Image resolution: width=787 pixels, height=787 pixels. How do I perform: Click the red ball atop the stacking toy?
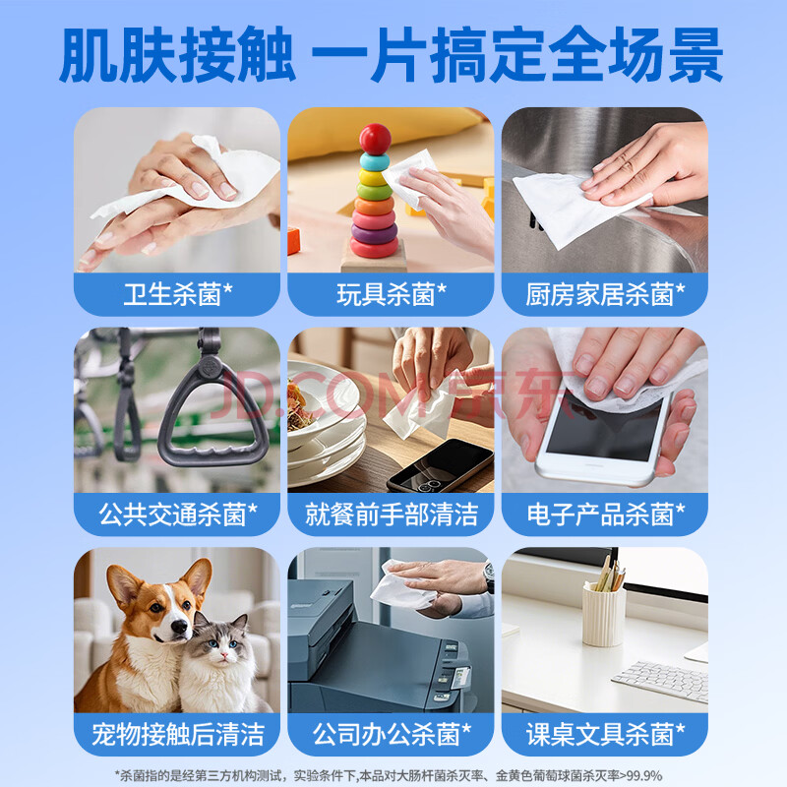(375, 139)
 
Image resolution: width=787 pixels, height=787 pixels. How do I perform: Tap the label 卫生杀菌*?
(178, 294)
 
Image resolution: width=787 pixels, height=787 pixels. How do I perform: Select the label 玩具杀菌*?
(391, 294)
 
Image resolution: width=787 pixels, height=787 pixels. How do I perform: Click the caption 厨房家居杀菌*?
(605, 294)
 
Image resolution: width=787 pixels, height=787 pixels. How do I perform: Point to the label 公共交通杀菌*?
(178, 514)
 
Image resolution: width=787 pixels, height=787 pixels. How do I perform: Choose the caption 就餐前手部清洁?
(391, 515)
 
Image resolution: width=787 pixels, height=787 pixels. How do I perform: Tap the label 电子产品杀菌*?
(605, 514)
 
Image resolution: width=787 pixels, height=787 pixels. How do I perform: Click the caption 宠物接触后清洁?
(178, 734)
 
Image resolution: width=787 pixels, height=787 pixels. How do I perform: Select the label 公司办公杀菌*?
(392, 734)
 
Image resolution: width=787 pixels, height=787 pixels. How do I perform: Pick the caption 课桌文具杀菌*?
(605, 734)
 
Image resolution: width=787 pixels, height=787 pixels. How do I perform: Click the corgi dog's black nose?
(179, 626)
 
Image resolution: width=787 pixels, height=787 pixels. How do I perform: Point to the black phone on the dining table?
(440, 466)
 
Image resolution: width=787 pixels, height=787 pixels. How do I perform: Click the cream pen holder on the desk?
(604, 614)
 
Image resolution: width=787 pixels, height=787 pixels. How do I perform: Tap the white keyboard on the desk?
(660, 680)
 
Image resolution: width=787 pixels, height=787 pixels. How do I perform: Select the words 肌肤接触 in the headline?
(177, 55)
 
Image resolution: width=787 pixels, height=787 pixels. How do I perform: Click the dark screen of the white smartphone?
(605, 427)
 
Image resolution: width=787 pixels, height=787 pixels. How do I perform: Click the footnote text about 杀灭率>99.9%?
(389, 775)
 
